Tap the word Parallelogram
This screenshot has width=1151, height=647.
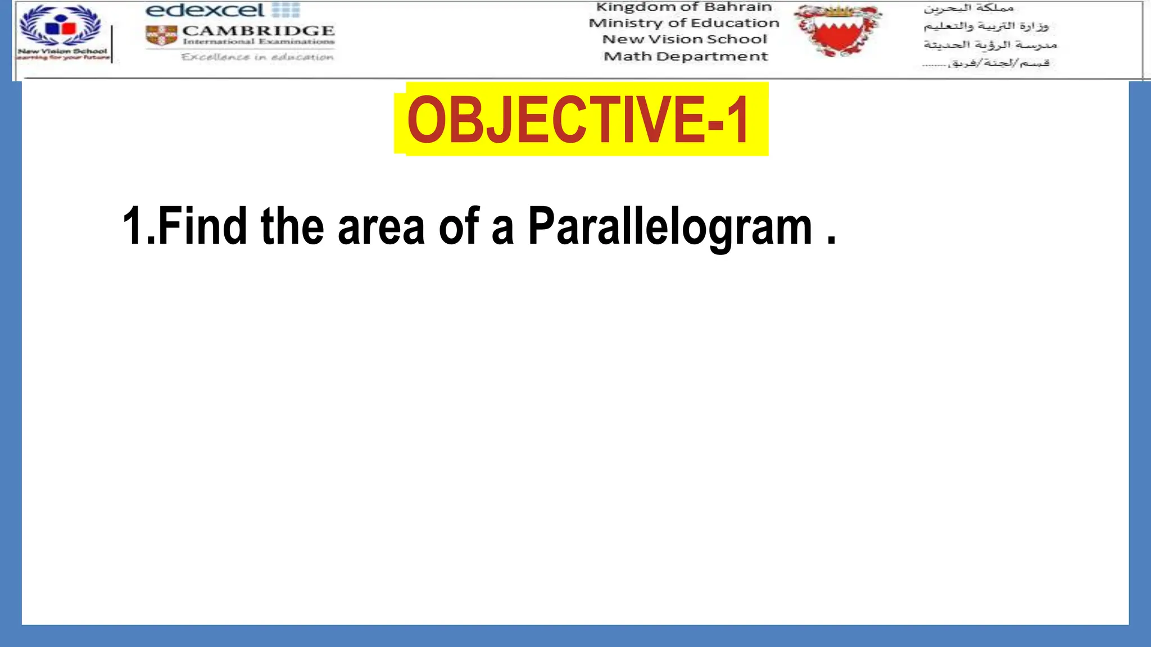pos(670,227)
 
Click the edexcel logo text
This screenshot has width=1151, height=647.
pos(205,10)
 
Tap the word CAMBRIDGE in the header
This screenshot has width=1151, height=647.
pos(259,30)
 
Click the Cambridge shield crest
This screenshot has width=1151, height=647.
pos(162,35)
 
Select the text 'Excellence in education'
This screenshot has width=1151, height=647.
pos(257,57)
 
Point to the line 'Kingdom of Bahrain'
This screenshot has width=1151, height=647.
pos(684,7)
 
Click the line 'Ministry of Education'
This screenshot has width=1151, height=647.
pos(684,23)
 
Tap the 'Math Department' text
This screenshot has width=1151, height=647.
pos(686,56)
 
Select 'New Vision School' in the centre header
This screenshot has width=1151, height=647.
pos(685,39)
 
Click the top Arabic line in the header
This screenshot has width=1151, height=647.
pos(968,8)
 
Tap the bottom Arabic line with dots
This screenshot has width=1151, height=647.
pos(986,63)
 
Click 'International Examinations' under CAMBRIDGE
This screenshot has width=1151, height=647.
pos(259,42)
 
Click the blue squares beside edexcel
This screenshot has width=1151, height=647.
pos(286,10)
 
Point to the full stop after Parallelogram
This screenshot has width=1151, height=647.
pos(832,242)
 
